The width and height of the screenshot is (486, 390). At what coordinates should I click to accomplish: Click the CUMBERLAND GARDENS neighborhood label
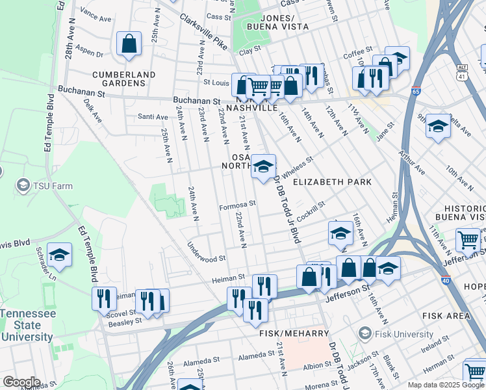(x=123, y=79)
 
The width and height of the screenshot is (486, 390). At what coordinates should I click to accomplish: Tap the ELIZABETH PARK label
(x=332, y=182)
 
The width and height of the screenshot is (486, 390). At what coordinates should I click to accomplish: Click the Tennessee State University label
(x=27, y=325)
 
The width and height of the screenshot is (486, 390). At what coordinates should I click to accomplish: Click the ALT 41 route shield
(x=462, y=72)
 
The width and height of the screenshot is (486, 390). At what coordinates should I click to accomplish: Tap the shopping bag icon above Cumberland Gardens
(x=129, y=44)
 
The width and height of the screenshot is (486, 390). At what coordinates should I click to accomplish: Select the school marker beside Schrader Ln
(x=59, y=255)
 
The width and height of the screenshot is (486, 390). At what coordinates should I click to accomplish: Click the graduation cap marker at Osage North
(x=263, y=167)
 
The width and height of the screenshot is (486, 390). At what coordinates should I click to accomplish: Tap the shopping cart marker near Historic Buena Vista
(x=468, y=240)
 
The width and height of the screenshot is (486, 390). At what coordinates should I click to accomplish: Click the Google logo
(x=21, y=382)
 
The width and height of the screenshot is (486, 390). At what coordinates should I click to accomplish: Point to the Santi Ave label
(x=153, y=116)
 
